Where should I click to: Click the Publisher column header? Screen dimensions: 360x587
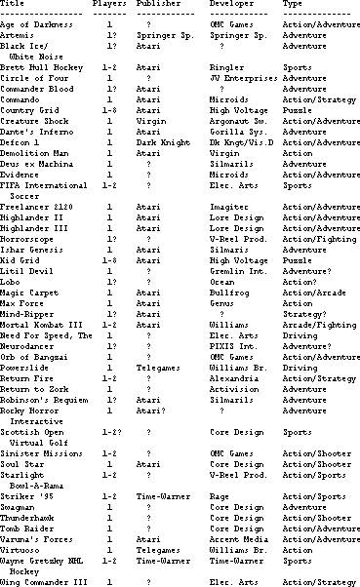(x=157, y=5)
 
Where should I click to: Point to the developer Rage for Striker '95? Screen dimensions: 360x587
(x=217, y=480)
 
